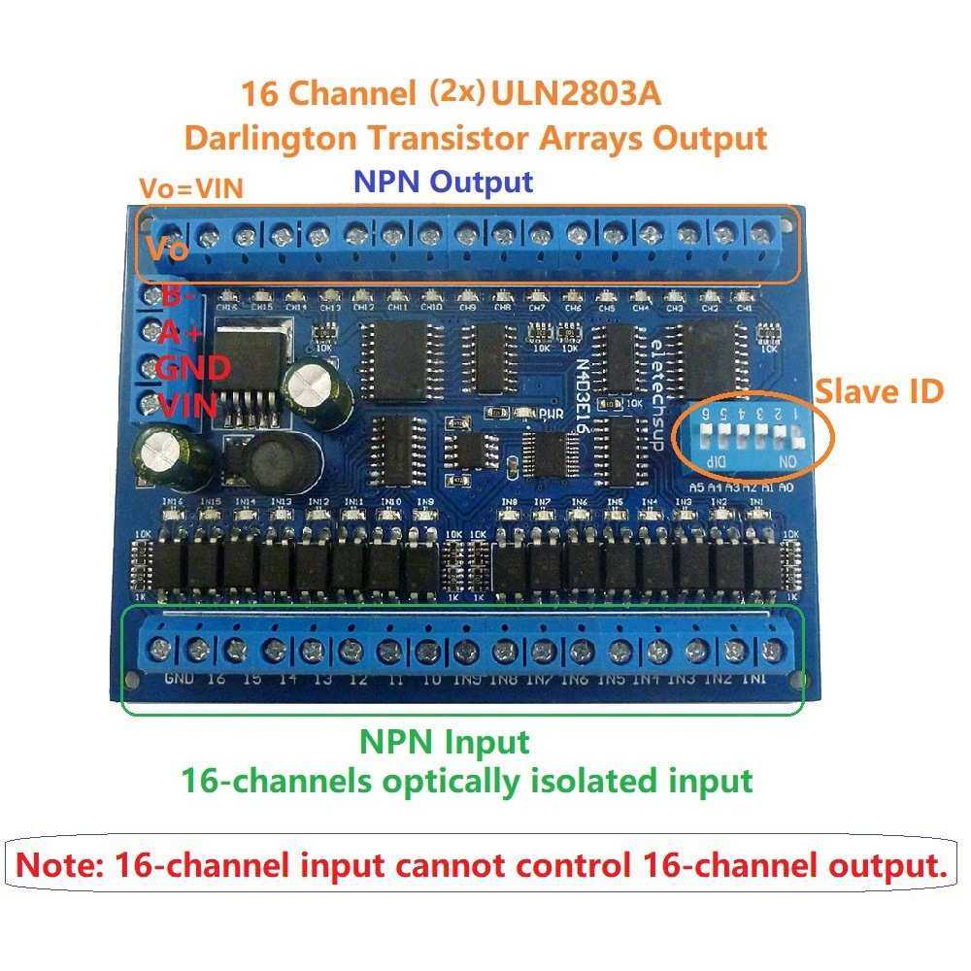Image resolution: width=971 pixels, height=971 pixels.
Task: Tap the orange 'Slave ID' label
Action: tap(879, 392)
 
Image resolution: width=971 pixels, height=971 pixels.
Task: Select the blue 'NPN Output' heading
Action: tap(443, 182)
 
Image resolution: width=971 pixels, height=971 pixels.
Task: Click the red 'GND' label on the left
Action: tap(193, 368)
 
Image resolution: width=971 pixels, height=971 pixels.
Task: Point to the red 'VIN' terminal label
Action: tap(187, 405)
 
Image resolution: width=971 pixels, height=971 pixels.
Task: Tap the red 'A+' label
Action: tap(180, 333)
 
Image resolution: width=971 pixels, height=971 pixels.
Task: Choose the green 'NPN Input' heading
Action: tap(445, 743)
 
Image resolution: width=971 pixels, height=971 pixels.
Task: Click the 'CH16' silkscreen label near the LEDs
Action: tap(229, 307)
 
